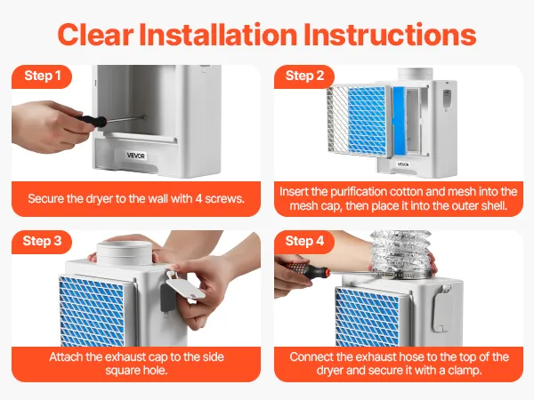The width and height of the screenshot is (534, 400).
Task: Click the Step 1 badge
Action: tap(42, 76)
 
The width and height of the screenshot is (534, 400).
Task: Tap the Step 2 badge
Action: tap(304, 76)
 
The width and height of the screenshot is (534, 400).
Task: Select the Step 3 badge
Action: tap(42, 242)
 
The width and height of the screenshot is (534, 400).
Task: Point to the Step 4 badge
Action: tap(304, 242)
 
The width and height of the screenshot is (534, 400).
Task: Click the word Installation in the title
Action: tap(218, 35)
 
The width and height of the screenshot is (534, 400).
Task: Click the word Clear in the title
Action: tap(96, 35)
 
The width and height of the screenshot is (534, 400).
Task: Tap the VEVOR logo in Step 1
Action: tap(136, 156)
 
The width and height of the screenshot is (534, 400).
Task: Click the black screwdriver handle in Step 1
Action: tap(91, 120)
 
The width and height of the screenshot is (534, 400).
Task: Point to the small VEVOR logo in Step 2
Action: tap(403, 164)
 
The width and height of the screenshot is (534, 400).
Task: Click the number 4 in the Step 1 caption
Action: tap(198, 198)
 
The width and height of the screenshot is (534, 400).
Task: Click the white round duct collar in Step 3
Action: tap(124, 252)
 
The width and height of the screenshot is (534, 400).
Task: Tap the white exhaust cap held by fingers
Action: tap(186, 284)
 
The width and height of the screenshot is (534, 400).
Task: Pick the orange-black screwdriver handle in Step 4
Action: tap(308, 269)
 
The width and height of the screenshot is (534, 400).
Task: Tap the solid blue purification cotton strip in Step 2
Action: tap(399, 122)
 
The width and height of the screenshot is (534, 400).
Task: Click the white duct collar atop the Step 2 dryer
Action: tap(415, 75)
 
